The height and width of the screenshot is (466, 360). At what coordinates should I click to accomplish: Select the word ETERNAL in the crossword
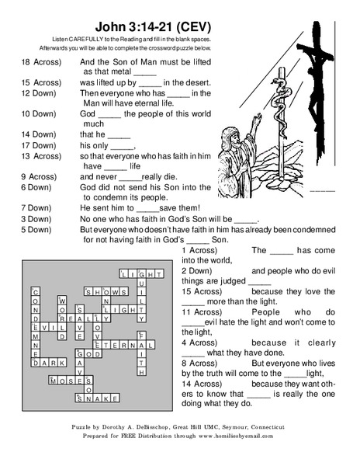point(119,345)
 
